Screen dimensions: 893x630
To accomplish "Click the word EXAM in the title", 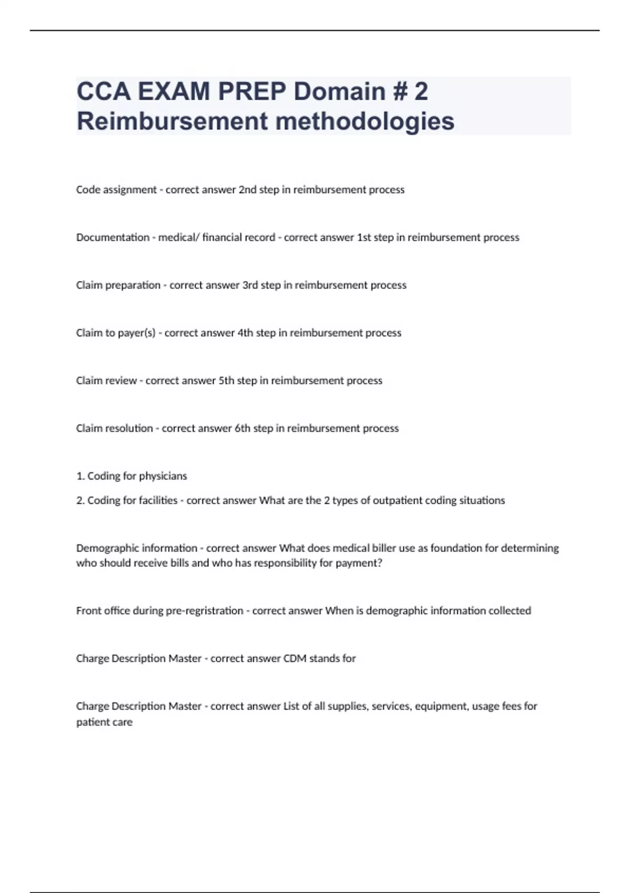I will tap(173, 92).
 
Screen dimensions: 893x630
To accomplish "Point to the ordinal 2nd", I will tap(247, 190).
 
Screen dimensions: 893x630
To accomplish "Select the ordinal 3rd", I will tap(249, 285).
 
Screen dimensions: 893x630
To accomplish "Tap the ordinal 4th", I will tap(245, 333).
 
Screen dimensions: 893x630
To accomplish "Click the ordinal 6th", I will tap(242, 429).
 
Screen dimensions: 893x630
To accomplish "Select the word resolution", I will tap(129, 429).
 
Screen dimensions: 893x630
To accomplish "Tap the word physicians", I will tap(163, 476).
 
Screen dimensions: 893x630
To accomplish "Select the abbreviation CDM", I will tap(295, 659).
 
